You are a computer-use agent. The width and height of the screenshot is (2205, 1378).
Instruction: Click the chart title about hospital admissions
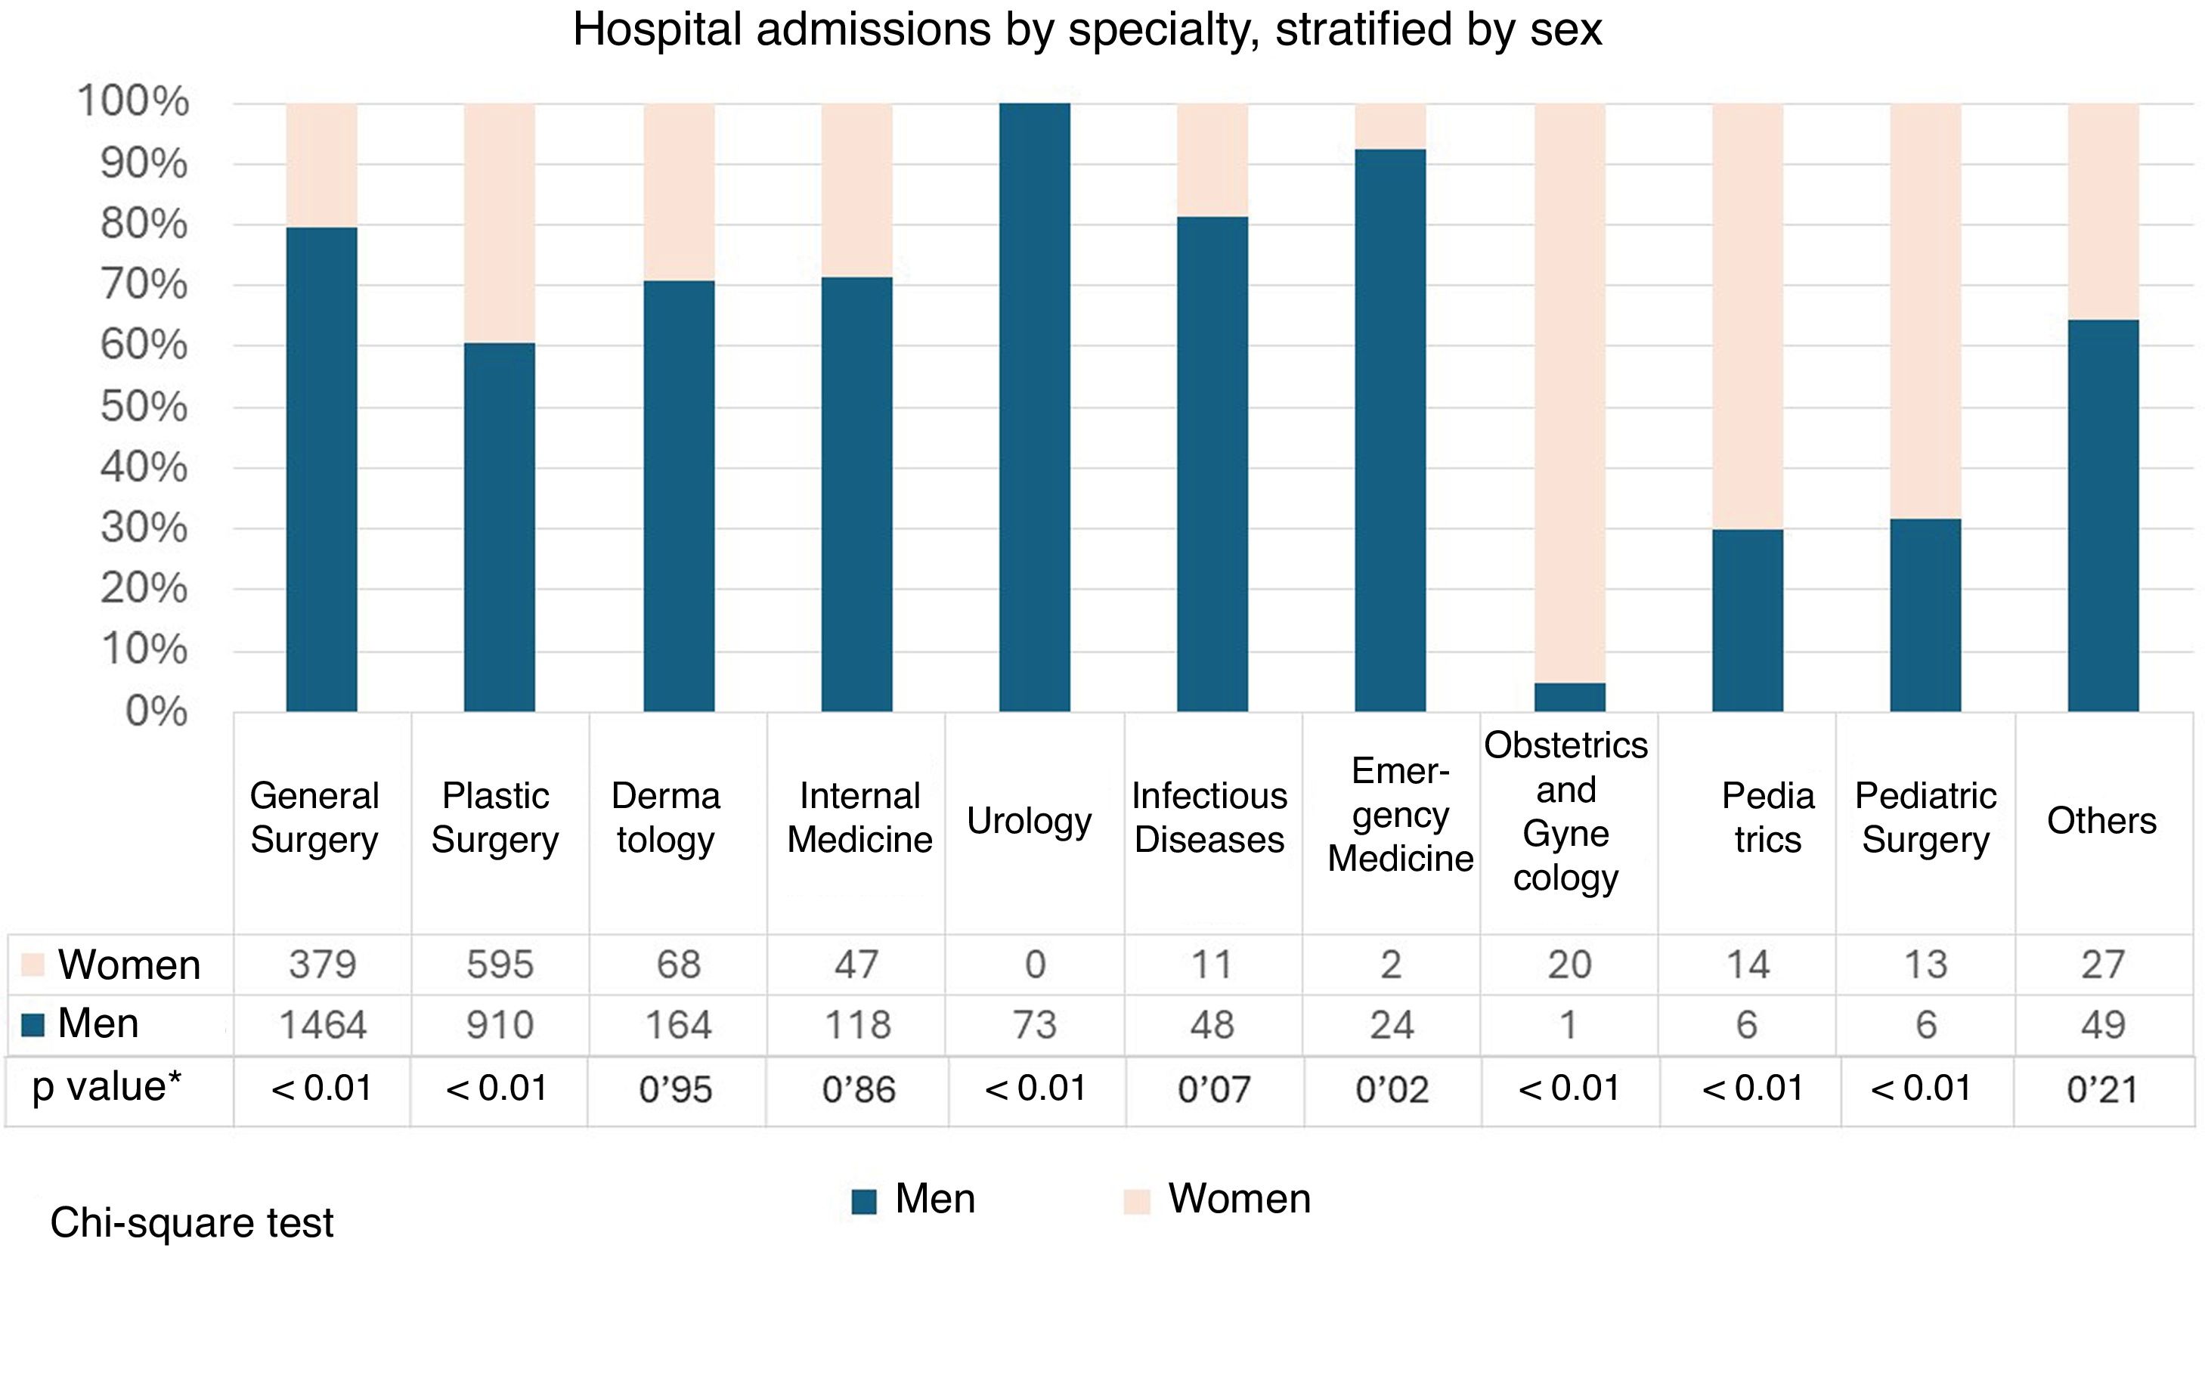(1086, 29)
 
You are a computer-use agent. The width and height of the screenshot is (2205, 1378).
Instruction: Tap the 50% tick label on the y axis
(144, 407)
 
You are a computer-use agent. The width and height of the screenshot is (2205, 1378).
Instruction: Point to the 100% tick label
(134, 101)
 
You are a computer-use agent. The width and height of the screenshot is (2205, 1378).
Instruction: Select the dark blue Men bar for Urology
(1034, 407)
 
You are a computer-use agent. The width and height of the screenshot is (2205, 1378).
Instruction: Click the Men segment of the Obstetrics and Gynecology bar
(1569, 697)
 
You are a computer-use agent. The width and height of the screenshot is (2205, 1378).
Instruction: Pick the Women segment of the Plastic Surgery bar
(500, 222)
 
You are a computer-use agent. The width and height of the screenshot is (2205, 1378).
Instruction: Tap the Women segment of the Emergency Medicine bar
(1389, 125)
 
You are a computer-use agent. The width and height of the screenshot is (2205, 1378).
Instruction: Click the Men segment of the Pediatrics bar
(1747, 620)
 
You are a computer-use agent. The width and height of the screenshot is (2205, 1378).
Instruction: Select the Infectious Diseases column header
(1209, 818)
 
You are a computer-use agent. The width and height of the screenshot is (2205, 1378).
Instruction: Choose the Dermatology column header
(666, 818)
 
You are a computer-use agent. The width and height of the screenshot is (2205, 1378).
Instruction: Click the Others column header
(2101, 821)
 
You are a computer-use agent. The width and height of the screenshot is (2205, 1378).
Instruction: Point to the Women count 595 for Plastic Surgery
(500, 965)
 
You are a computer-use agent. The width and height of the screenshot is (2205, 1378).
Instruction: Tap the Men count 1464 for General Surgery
(323, 1025)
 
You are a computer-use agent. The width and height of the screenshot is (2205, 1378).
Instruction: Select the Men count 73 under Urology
(1034, 1025)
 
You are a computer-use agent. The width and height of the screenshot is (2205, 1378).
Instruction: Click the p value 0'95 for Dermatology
(675, 1089)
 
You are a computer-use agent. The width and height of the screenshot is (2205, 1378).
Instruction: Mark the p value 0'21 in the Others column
(2101, 1089)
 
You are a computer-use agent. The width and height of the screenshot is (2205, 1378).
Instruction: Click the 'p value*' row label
(107, 1086)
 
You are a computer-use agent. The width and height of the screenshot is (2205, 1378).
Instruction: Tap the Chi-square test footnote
(191, 1223)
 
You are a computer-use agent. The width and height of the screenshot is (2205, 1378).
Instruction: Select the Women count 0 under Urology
(1035, 965)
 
